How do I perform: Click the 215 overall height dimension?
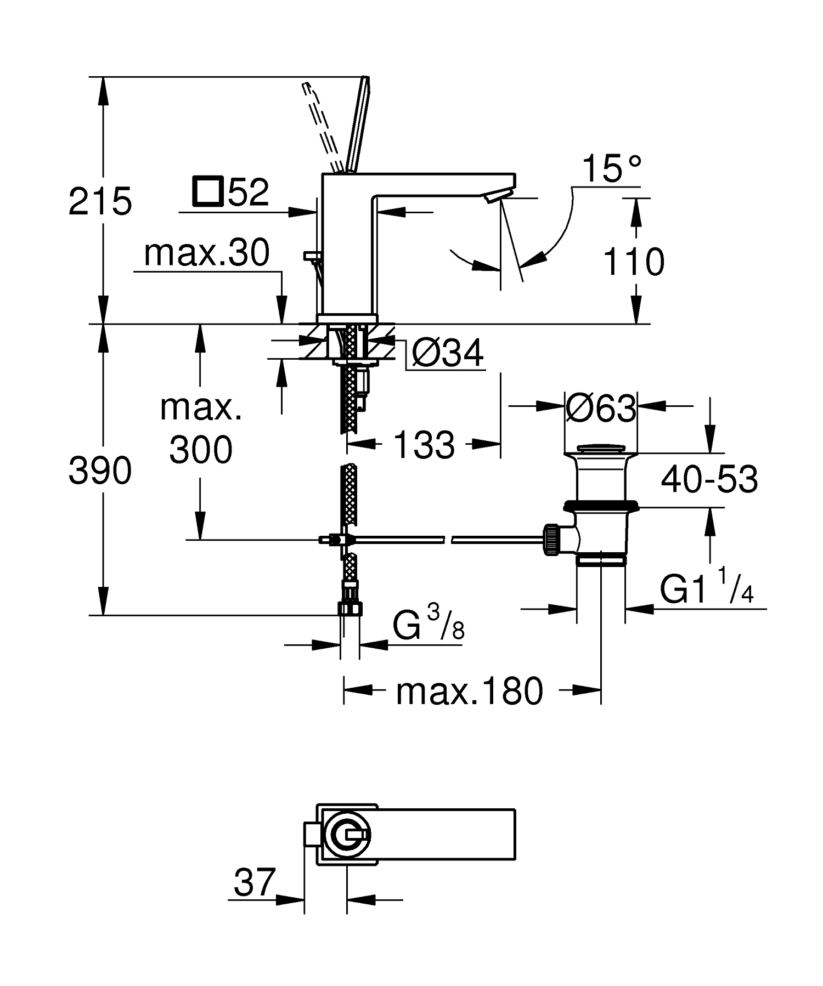tap(100, 201)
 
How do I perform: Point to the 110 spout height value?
tap(634, 262)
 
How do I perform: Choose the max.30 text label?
tap(207, 253)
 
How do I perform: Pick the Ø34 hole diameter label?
tap(447, 353)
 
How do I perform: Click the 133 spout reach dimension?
tap(424, 444)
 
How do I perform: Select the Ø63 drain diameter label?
tap(601, 408)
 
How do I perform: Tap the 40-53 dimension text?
tap(709, 479)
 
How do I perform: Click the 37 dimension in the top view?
tap(253, 883)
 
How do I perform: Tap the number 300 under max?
tap(201, 450)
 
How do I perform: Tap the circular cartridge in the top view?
tap(347, 835)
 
